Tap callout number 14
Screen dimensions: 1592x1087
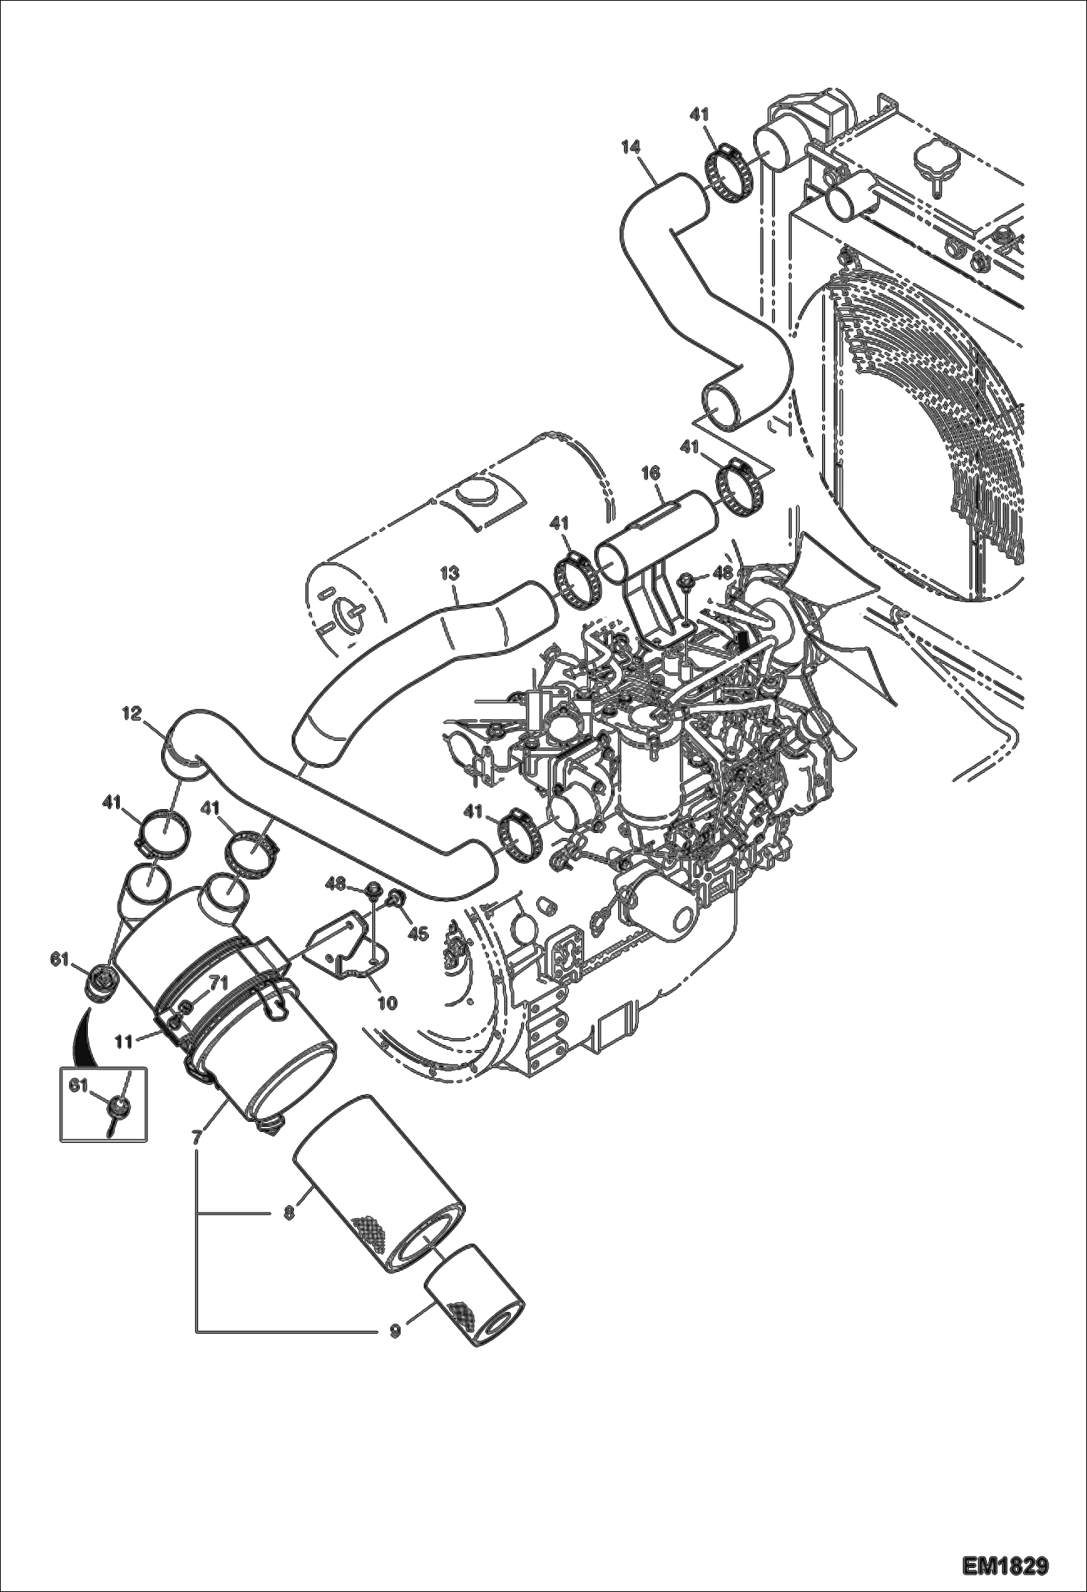pyautogui.click(x=631, y=147)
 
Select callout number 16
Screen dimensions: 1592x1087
pyautogui.click(x=650, y=473)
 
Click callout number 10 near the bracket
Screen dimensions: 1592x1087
pyautogui.click(x=387, y=1003)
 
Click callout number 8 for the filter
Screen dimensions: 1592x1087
pyautogui.click(x=289, y=1212)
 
